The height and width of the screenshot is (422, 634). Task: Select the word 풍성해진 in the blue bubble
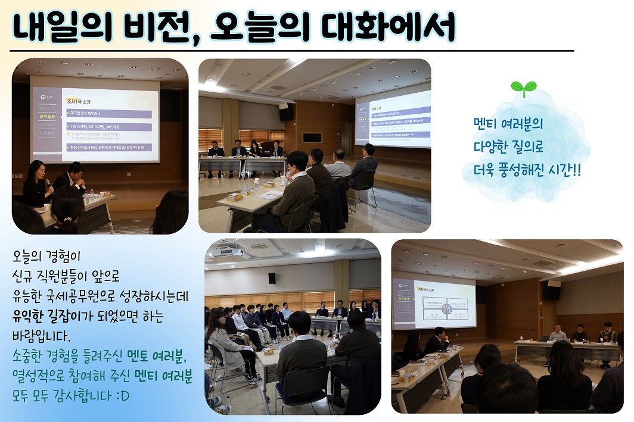pyautogui.click(x=524, y=170)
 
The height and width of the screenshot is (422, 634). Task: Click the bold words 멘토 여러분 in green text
pyautogui.click(x=156, y=357)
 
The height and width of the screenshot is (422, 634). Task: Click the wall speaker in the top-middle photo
pyautogui.click(x=285, y=111)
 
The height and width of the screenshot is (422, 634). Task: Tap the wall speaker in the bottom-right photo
pyautogui.click(x=552, y=290)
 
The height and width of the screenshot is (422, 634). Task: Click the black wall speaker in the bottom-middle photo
pyautogui.click(x=272, y=278)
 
